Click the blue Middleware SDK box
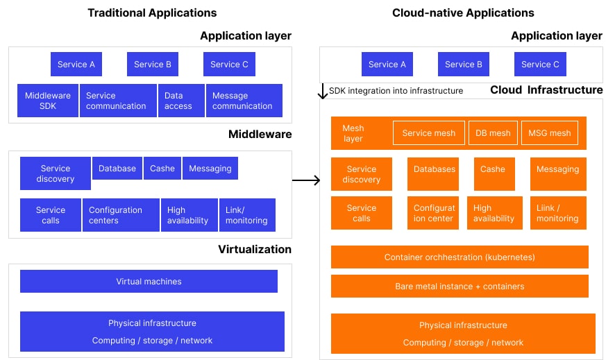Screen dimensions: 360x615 [48, 101]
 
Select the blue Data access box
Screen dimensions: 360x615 [180, 101]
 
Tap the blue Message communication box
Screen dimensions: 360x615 [244, 101]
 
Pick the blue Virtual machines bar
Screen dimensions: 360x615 [149, 282]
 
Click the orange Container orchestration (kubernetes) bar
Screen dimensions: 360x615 [460, 257]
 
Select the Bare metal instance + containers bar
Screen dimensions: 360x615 [460, 286]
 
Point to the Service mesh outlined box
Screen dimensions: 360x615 [428, 133]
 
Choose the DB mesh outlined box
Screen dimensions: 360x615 [493, 133]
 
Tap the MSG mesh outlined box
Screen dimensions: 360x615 [549, 133]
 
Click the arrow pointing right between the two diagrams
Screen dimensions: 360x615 [306, 181]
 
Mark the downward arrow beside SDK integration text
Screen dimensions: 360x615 [323, 92]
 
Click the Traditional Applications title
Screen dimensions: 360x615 [152, 13]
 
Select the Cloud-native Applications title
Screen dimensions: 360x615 [463, 13]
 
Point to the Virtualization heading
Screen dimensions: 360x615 [255, 250]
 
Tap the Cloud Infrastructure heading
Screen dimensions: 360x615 [546, 90]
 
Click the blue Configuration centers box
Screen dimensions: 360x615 [120, 215]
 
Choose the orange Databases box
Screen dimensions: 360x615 [435, 174]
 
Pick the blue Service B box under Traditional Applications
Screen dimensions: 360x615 [153, 65]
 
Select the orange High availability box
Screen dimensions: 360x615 [494, 213]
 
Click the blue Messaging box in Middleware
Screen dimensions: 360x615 [210, 169]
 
